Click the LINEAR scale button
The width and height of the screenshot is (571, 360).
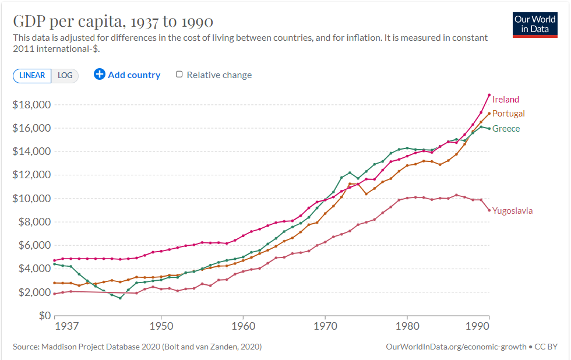point(32,75)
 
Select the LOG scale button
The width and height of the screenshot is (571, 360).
point(65,75)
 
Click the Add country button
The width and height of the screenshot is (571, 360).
point(127,75)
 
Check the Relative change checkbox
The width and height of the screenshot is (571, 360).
point(179,75)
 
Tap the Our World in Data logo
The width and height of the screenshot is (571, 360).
point(535,24)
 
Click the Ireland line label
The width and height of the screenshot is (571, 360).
point(505,100)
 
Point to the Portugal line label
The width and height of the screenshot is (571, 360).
point(508,114)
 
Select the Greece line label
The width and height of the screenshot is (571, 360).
point(506,129)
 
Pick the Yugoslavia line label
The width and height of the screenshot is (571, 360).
point(512,211)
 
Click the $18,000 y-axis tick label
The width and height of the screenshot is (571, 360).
point(32,105)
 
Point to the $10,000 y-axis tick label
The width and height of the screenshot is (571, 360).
point(32,199)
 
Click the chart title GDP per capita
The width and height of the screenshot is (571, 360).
point(113,22)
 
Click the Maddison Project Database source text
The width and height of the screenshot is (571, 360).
point(137,347)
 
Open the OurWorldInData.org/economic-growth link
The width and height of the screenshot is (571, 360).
point(456,347)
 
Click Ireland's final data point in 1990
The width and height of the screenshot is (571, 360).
point(489,95)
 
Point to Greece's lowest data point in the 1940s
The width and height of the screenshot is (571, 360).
point(120,298)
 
